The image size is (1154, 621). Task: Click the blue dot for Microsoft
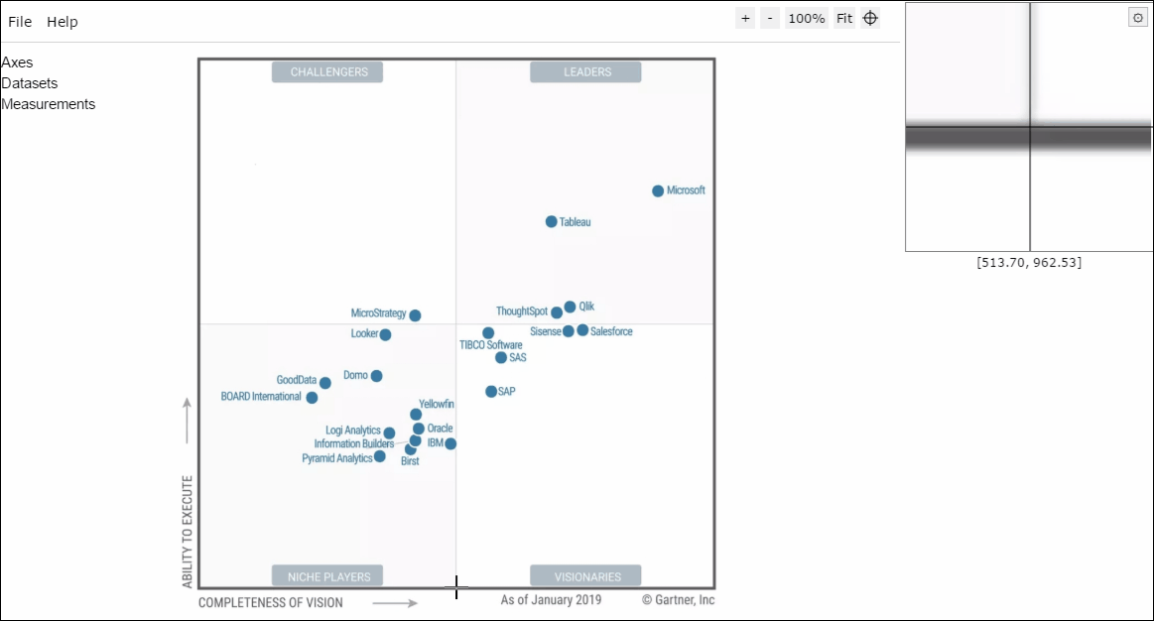point(658,191)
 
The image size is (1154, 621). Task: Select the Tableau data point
point(552,221)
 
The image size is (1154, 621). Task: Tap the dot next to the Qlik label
point(570,307)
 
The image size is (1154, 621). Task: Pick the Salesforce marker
point(582,330)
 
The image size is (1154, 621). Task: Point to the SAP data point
point(491,392)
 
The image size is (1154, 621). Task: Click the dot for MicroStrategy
point(415,315)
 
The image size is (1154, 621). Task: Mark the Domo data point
point(377,376)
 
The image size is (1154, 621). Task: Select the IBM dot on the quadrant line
point(450,443)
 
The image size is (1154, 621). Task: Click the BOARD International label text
point(261,397)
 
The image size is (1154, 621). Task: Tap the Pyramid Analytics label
point(337,458)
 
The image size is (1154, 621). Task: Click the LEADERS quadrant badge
point(585,72)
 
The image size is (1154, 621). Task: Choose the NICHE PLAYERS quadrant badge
point(327,576)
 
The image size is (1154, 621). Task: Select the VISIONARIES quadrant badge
point(585,576)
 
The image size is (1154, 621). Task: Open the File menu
point(20,22)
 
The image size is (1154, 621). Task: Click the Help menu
point(63,22)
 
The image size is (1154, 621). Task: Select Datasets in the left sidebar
point(30,83)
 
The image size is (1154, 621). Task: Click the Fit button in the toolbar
point(844,19)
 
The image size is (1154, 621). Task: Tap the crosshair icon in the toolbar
point(870,19)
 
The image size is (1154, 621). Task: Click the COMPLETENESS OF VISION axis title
point(271,602)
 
